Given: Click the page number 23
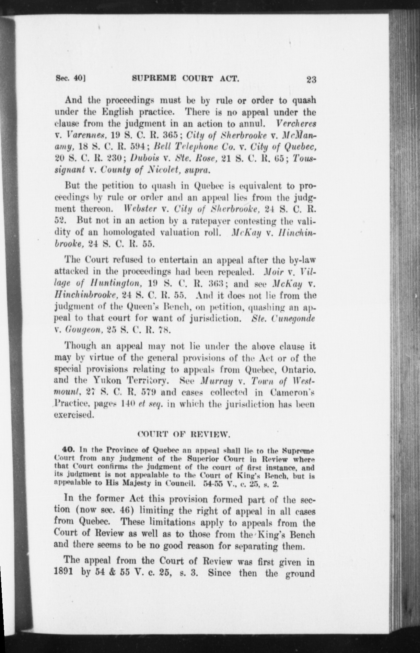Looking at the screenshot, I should point(311,79).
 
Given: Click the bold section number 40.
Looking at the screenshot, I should point(68,450).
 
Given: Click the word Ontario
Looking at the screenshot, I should point(299,370).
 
